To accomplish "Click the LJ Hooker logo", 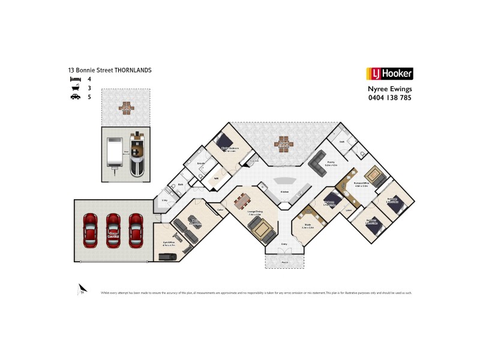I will [389, 74].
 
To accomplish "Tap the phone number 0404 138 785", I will [389, 97].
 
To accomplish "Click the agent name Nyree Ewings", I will [389, 89].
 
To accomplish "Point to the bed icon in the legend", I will [75, 79].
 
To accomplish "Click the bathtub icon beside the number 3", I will [75, 88].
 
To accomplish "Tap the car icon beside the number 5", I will [75, 97].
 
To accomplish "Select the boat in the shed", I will [137, 155].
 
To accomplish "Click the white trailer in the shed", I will [114, 153].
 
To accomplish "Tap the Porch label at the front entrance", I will [284, 262].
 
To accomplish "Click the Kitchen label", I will [285, 192].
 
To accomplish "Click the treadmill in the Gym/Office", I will [166, 256].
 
